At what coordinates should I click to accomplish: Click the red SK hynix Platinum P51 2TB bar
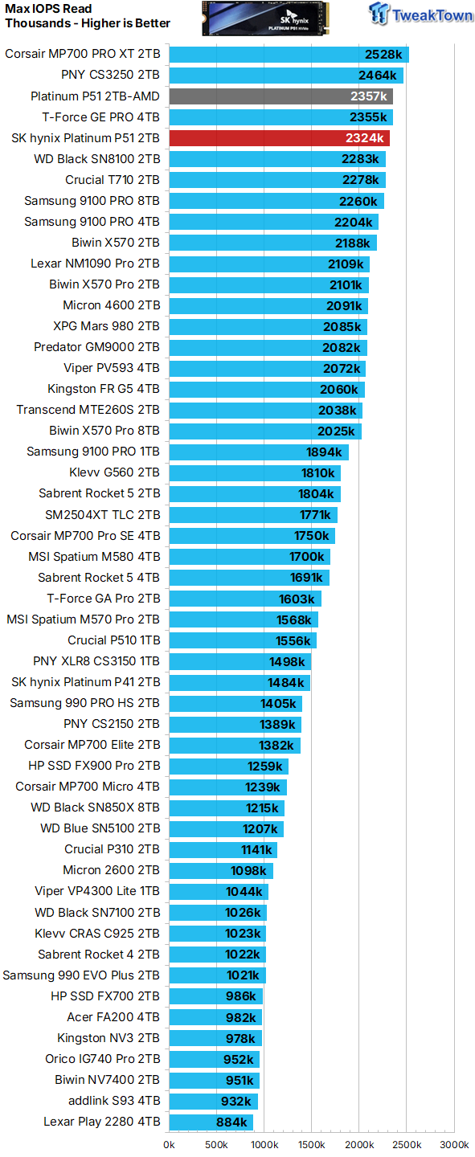coord(279,138)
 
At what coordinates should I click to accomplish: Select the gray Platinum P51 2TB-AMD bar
coord(280,96)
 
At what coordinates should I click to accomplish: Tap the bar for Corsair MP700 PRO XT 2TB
coord(289,55)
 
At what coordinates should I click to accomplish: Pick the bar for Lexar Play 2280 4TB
coord(211,1122)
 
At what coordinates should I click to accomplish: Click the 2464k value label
coord(378,76)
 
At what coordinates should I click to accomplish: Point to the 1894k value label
coord(326,452)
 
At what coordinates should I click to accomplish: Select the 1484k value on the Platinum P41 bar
coord(286,682)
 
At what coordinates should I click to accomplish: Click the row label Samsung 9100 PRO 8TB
coord(92,201)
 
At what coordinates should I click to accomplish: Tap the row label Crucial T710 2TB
coord(113,180)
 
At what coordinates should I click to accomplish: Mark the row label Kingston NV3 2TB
coord(109,1038)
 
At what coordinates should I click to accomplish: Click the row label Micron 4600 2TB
coord(111,305)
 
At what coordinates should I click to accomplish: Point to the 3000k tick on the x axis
coord(454,1145)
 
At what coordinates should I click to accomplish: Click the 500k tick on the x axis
coord(216,1145)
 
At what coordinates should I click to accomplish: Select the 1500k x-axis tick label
coord(311,1145)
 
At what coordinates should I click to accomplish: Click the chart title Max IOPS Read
coord(48,9)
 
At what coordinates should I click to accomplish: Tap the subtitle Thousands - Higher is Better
coord(88,23)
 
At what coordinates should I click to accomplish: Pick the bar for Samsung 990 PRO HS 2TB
coord(235,703)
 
